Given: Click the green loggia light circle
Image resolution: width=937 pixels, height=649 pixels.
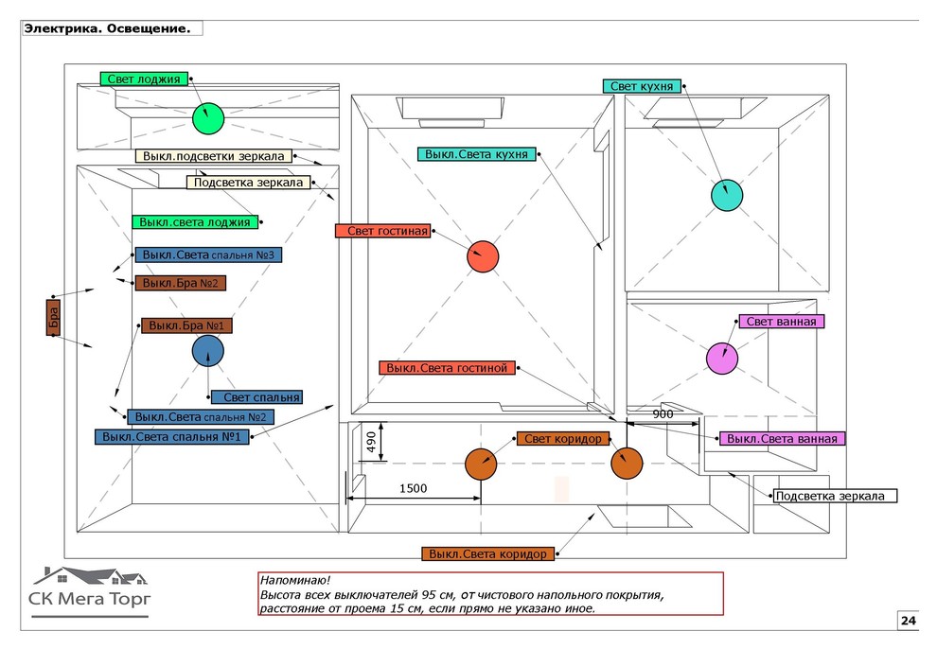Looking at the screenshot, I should [207, 118].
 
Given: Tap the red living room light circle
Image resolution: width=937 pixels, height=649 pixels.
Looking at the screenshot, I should [482, 256].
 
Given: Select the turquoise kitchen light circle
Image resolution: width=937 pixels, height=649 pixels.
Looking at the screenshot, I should [727, 194].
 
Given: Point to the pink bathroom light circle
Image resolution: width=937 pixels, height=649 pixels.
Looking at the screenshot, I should [722, 358].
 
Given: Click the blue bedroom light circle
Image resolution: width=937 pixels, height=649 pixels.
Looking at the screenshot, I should [207, 351].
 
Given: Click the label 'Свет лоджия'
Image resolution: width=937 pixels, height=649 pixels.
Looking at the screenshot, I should [144, 79].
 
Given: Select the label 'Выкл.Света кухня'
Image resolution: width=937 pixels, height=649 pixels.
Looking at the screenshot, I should [477, 154].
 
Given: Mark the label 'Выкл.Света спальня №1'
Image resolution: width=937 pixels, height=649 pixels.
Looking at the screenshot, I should [171, 437].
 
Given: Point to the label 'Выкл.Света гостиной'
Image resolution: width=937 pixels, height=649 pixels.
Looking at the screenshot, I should [447, 368].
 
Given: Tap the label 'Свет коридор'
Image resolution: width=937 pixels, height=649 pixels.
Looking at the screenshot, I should [562, 439].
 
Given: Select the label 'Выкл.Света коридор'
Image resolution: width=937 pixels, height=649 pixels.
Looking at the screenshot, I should [486, 553].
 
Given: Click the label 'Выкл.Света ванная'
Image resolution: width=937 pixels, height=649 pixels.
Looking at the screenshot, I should [782, 439].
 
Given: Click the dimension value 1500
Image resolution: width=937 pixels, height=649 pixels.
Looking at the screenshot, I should [413, 488].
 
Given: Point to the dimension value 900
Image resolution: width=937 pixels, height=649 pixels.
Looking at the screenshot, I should [663, 414].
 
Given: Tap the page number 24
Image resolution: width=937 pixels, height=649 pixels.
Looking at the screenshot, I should [908, 621].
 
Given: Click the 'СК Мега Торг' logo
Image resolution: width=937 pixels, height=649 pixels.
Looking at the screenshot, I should [90, 590].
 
